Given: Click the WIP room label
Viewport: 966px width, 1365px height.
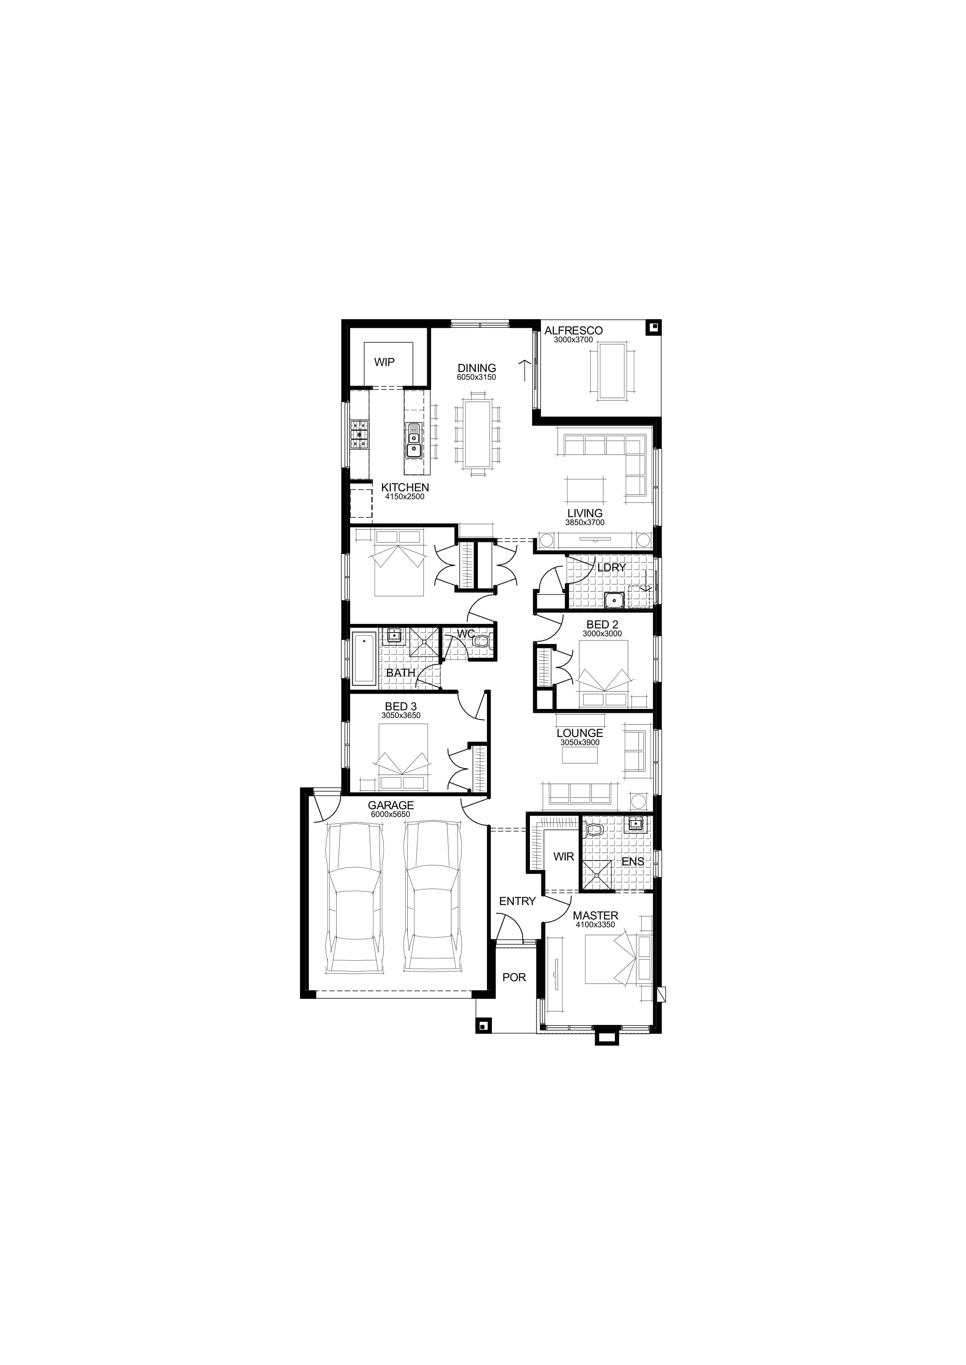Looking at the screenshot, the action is click(x=384, y=362).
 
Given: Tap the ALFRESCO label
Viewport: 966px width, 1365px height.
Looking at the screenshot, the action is click(x=573, y=331).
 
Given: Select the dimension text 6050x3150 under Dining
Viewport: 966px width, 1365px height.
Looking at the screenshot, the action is click(x=477, y=377).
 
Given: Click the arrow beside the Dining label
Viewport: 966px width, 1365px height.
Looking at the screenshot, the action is click(x=524, y=370).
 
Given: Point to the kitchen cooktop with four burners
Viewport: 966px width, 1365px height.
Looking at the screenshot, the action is click(x=360, y=434).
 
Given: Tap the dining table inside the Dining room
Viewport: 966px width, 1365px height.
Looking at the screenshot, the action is click(x=477, y=434).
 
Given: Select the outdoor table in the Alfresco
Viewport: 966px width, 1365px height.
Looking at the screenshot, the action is click(x=612, y=370).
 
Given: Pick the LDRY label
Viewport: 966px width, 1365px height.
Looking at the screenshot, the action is click(x=612, y=567).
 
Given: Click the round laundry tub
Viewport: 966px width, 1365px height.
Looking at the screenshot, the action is click(x=612, y=601).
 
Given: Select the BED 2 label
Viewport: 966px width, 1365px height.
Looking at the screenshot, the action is click(x=602, y=624).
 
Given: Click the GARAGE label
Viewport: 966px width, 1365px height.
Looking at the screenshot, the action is click(x=391, y=806).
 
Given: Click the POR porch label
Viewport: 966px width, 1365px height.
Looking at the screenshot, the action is click(x=514, y=977).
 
